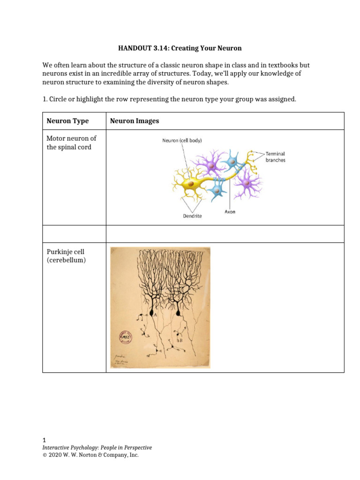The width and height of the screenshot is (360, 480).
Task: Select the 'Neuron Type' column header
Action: point(67,121)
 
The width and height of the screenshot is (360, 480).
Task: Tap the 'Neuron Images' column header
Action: point(135,121)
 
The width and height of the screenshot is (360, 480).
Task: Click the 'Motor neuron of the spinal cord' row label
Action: point(71,142)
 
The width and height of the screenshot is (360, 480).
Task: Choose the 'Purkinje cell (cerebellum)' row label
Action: point(66,256)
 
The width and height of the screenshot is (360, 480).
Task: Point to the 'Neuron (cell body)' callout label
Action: point(182,140)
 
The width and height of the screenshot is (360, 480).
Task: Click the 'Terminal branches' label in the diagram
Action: point(275,157)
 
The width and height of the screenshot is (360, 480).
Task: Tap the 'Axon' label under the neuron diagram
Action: point(230,212)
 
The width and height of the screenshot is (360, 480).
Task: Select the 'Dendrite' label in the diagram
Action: point(193,216)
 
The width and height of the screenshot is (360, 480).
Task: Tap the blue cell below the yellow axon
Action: point(217,189)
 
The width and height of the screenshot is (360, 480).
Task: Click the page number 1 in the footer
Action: point(44,440)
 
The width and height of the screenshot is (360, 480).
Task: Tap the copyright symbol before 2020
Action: point(45,455)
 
